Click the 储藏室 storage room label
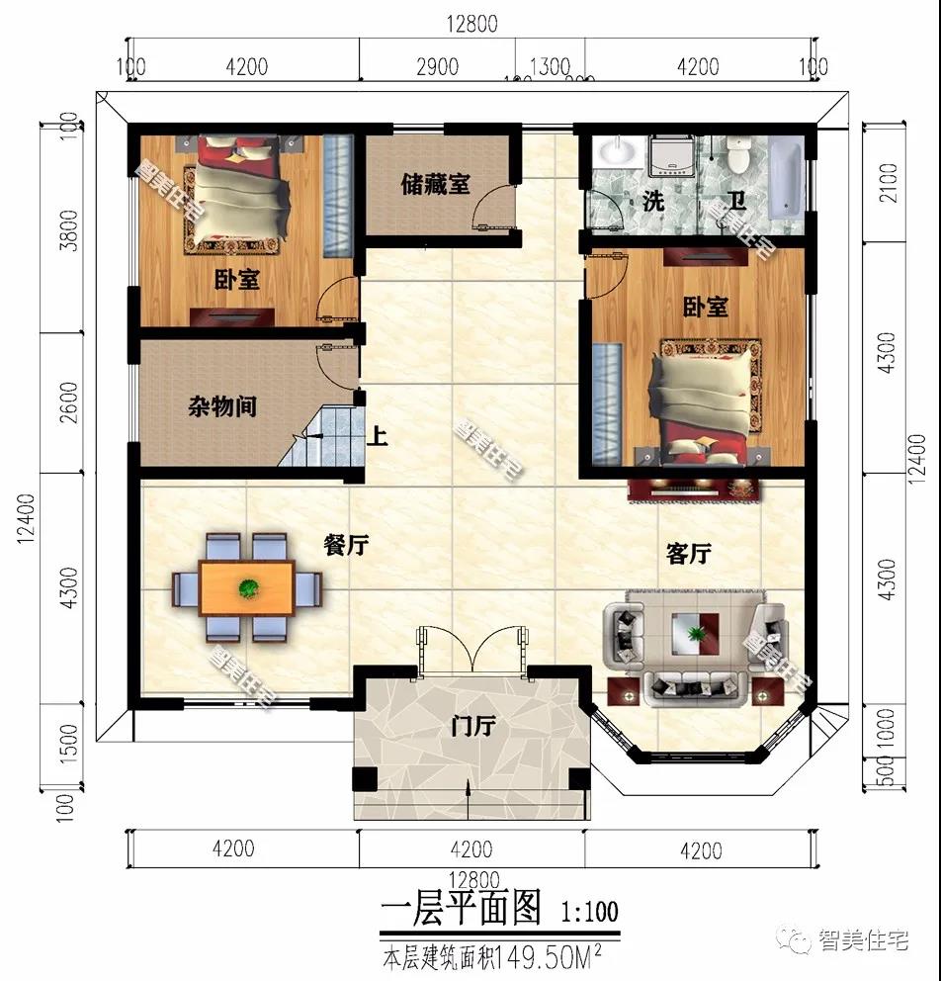tap(435, 184)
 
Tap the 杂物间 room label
tap(222, 406)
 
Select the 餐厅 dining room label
tap(346, 545)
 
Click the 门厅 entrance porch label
tap(471, 727)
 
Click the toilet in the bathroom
tap(737, 153)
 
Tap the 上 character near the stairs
tap(377, 436)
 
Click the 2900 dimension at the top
tap(437, 66)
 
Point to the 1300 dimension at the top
tap(550, 66)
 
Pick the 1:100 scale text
tap(590, 911)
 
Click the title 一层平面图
tap(461, 907)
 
